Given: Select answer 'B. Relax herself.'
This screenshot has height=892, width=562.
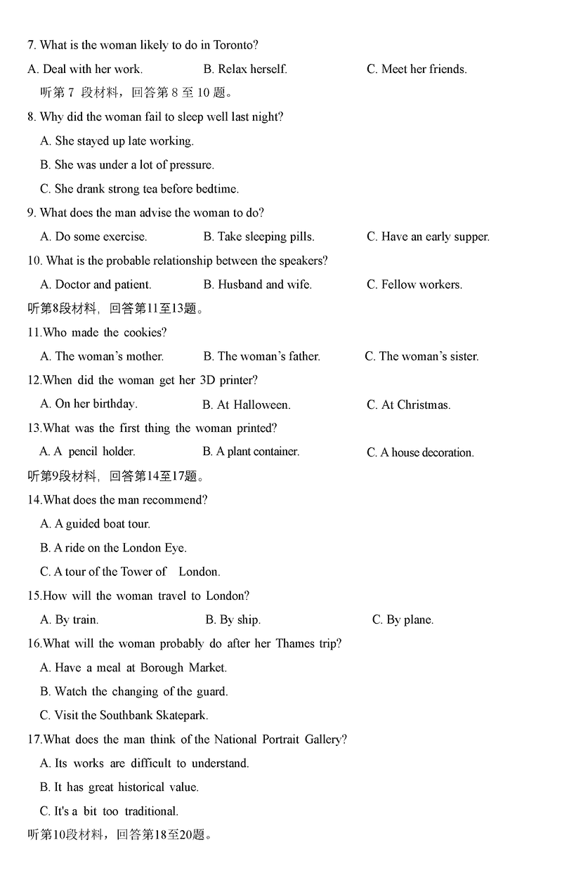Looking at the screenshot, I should (x=245, y=69).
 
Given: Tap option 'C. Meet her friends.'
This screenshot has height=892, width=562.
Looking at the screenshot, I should (x=417, y=69).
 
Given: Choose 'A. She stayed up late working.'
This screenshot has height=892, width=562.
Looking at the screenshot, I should (x=117, y=140).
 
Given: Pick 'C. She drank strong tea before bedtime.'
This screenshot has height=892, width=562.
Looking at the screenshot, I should (x=139, y=188).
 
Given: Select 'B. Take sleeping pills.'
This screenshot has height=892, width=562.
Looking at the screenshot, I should (x=259, y=237).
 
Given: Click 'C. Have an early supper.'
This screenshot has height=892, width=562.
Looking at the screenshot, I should (x=428, y=237).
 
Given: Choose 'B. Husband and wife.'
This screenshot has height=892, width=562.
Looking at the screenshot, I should (x=257, y=284).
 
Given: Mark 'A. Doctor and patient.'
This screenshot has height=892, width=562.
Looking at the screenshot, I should (x=96, y=284).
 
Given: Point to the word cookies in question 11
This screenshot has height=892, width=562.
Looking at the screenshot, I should (x=145, y=332).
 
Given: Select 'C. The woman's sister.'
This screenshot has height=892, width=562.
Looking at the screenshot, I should (x=421, y=356).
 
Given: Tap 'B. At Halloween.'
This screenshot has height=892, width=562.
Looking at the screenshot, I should (x=246, y=405).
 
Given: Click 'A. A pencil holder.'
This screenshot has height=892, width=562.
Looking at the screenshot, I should (x=87, y=452).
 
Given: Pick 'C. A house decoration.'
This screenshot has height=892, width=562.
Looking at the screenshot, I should (x=420, y=452).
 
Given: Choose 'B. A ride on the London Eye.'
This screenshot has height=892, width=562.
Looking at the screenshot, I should (x=113, y=548).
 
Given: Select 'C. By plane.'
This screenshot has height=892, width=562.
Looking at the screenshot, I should (x=403, y=619).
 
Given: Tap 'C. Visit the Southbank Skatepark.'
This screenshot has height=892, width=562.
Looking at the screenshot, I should (x=124, y=715).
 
